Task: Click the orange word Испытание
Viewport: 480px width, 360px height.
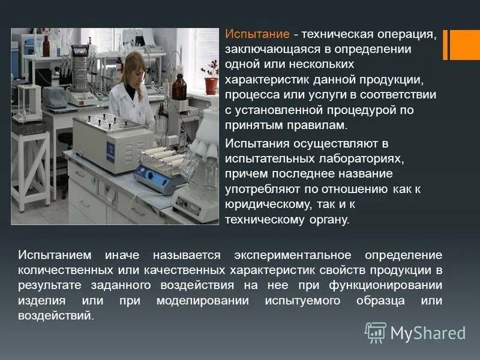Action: point(257,34)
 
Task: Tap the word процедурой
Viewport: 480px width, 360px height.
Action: point(356,110)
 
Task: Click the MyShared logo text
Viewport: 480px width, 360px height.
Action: point(428,332)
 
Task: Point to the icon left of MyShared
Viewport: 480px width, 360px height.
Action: point(376,332)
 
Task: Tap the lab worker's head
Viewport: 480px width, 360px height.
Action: point(133,66)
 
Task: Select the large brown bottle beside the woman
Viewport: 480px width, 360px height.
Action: point(179,87)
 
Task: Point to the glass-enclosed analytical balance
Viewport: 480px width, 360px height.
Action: point(27,102)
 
